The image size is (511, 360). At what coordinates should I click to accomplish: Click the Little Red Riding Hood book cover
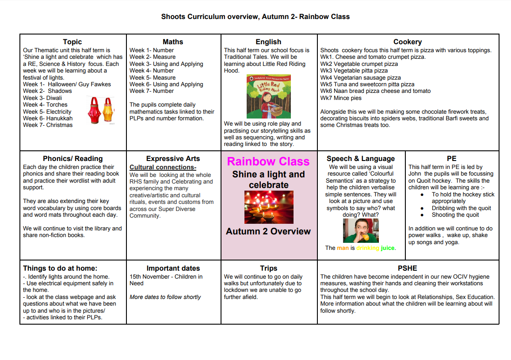[x=269, y=96]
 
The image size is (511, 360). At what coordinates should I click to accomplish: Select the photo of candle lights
[x=269, y=207]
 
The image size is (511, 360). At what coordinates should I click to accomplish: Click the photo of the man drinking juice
[x=361, y=230]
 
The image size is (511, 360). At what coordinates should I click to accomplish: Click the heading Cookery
[x=408, y=42]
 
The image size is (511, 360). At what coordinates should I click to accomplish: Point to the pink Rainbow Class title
[x=268, y=161]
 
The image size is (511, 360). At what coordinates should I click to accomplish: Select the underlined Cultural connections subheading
[x=163, y=167]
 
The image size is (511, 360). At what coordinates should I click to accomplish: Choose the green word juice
[x=388, y=248]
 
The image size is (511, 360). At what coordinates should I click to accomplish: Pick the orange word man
[x=343, y=248]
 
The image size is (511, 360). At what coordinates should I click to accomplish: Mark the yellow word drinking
[x=368, y=248]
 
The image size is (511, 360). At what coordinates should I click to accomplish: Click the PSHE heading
[x=407, y=268]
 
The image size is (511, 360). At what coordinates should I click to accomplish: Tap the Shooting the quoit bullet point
[x=455, y=215]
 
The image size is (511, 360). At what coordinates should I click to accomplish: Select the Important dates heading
[x=173, y=268]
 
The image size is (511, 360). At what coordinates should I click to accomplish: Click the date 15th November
[x=149, y=276]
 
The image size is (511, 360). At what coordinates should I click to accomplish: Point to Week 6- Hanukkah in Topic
[x=48, y=118]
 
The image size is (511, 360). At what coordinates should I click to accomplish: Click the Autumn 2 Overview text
[x=268, y=231]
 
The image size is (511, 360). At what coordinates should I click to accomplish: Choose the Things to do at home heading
[x=60, y=268]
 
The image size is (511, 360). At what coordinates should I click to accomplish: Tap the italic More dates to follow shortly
[x=165, y=297]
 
